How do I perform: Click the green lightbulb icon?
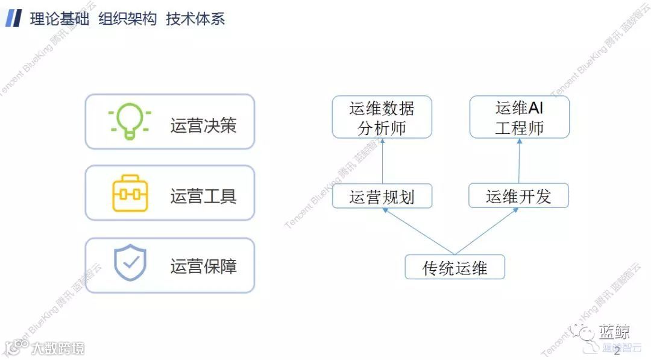[130, 121]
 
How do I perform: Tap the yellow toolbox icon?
[130, 194]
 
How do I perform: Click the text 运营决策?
[203, 125]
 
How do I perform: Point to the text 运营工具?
[203, 196]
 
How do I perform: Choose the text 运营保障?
[203, 266]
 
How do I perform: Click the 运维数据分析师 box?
[382, 117]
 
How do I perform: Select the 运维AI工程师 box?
[519, 117]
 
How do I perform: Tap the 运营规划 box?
[382, 197]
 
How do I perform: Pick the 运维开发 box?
[519, 197]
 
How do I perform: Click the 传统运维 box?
[454, 267]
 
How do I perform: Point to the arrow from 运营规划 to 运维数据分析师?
[382, 161]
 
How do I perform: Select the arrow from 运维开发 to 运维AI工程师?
[519, 161]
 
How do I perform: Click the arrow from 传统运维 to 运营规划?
[418, 232]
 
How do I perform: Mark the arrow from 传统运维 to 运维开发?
[486, 232]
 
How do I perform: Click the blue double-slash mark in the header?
[14, 19]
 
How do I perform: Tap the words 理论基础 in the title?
[60, 19]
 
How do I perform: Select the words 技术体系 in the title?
[195, 19]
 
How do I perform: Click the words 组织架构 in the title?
[127, 19]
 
